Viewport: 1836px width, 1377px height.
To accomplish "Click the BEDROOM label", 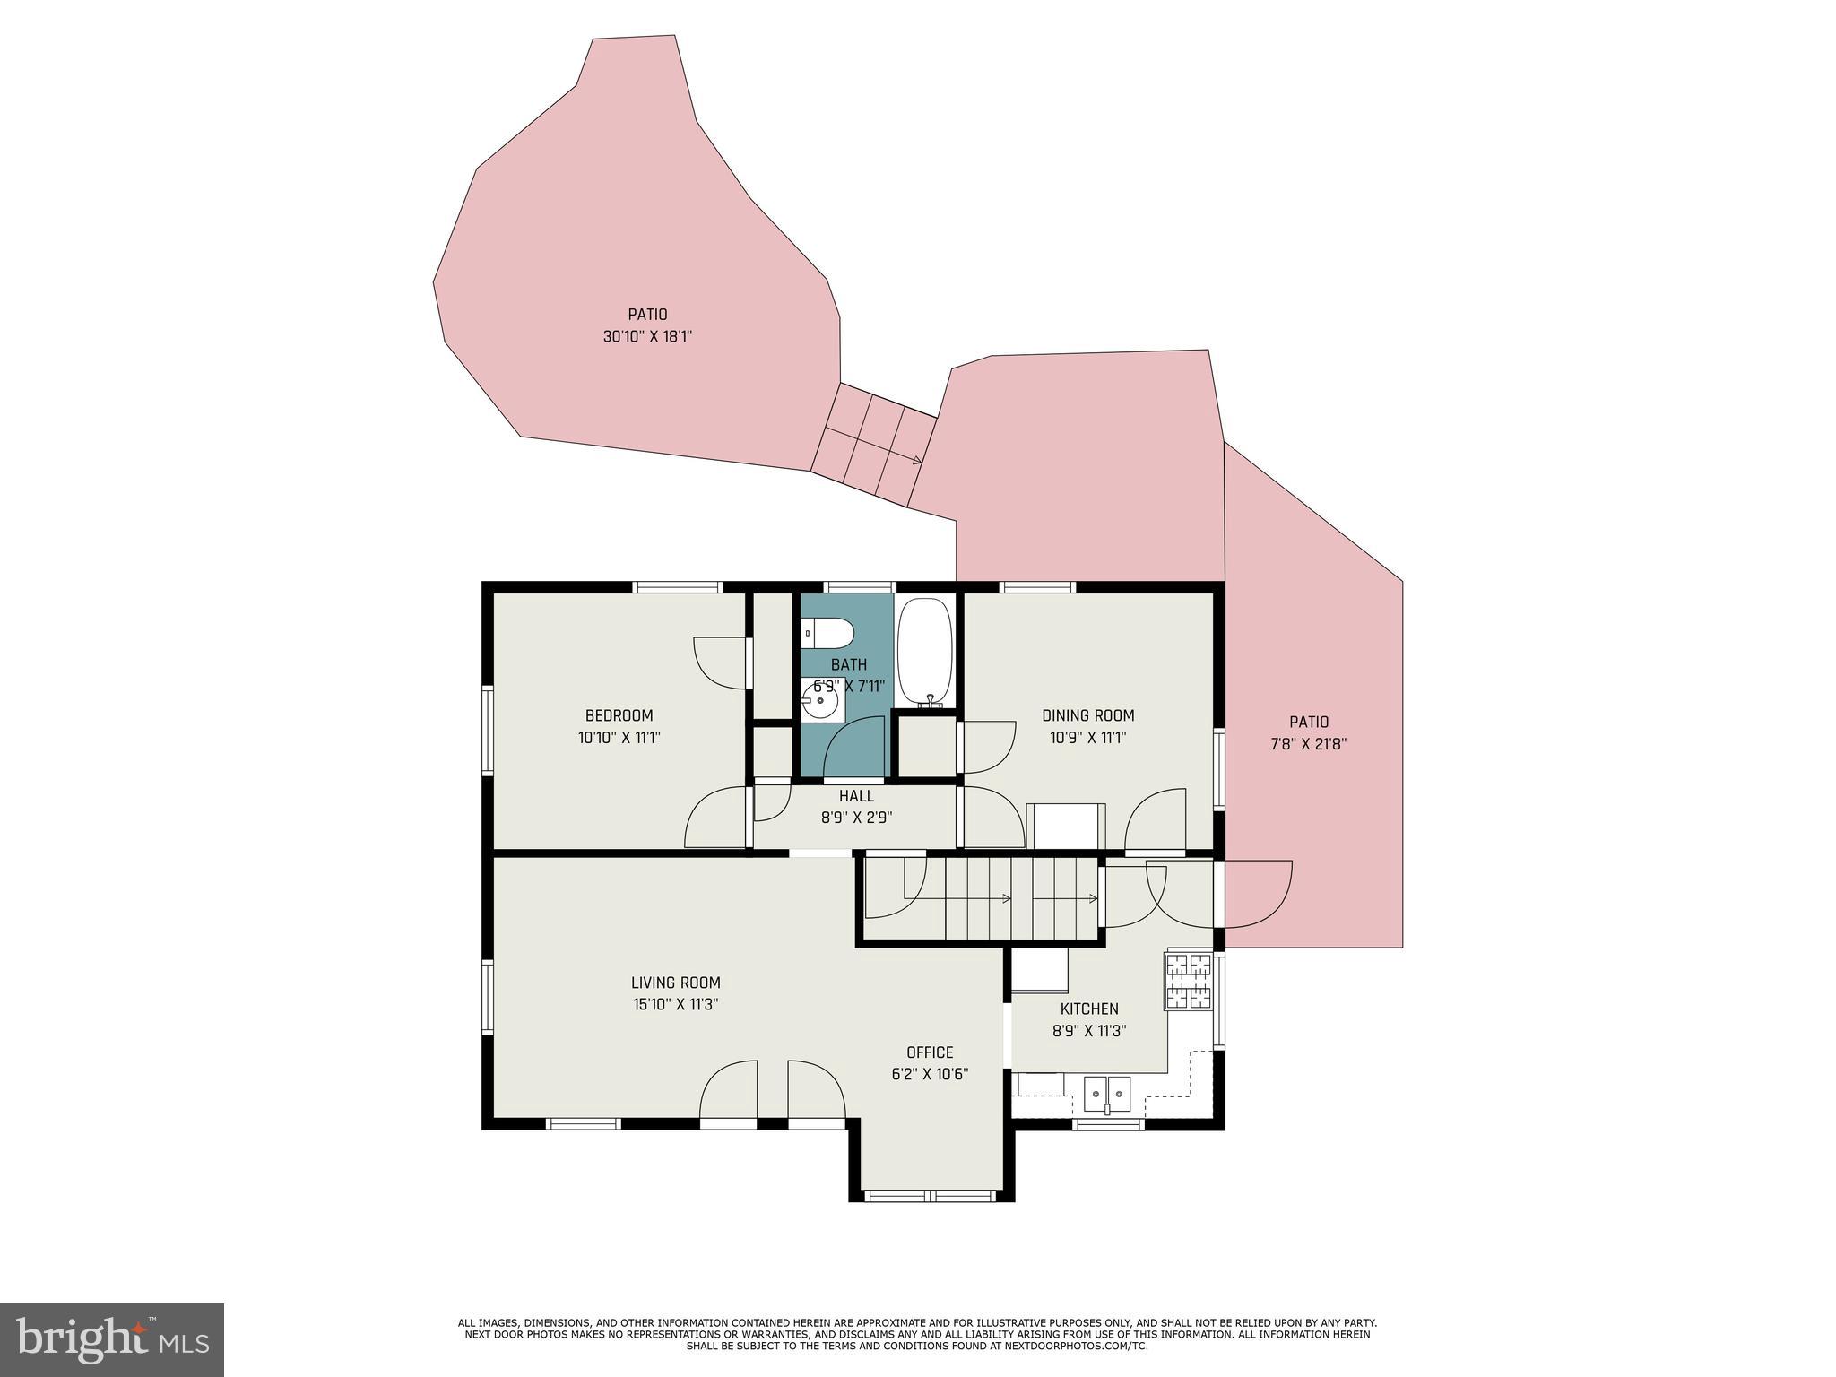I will (x=619, y=715).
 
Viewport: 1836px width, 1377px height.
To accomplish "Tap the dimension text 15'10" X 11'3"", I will (x=675, y=1005).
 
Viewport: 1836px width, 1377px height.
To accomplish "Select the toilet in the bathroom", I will (x=828, y=634).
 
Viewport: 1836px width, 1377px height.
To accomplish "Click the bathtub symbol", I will (x=926, y=652).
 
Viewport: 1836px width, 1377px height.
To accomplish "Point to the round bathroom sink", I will (x=819, y=700).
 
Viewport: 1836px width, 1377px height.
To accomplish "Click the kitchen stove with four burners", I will (x=1188, y=981).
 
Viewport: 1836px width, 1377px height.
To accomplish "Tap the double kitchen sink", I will (x=1107, y=1094).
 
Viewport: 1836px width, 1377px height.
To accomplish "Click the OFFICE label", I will (x=930, y=1052).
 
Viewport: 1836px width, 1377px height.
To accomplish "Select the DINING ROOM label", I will (x=1087, y=715).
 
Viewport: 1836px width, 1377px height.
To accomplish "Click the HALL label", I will (x=856, y=796).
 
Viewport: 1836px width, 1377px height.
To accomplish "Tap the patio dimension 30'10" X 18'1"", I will (x=647, y=337).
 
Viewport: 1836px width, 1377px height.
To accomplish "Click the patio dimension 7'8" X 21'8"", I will (x=1308, y=744).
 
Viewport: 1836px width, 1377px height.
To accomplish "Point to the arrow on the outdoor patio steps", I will (x=914, y=461).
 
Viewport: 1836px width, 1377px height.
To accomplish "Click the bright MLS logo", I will (x=111, y=1339).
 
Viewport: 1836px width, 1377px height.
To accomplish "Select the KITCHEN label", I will (x=1089, y=1009).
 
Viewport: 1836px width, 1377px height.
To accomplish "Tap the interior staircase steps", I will (x=1022, y=898).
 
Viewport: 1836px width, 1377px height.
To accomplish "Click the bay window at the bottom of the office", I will (x=931, y=1196).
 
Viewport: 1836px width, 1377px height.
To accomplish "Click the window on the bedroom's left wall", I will (x=488, y=731).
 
